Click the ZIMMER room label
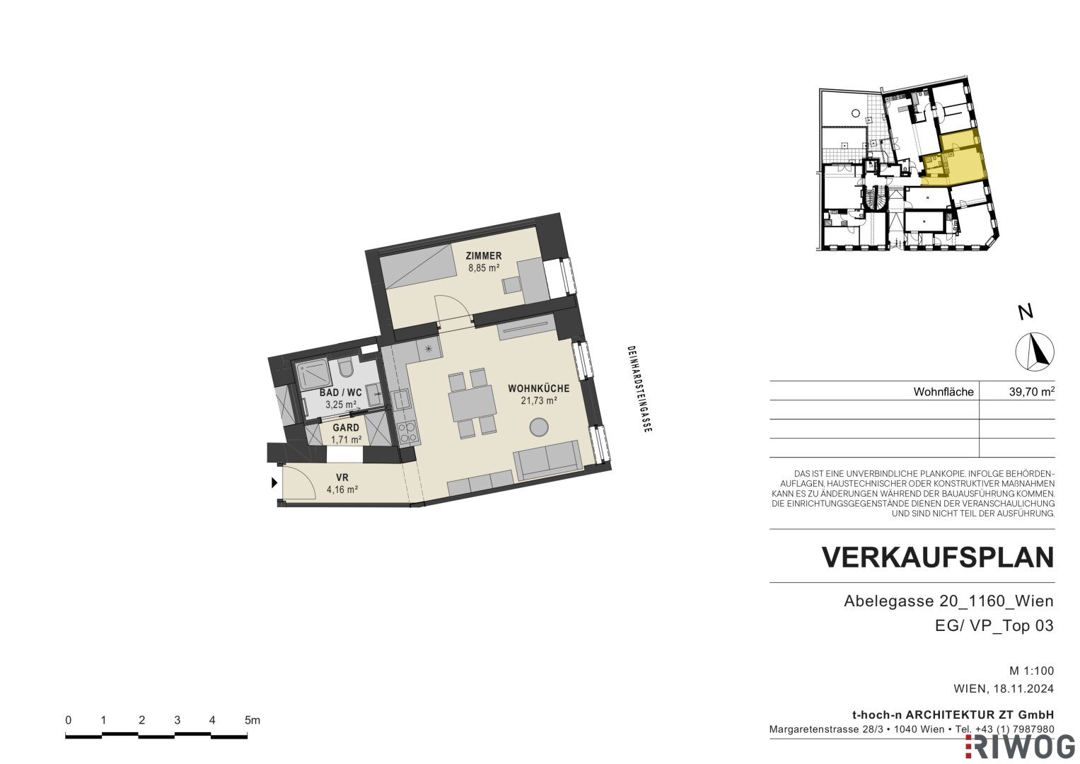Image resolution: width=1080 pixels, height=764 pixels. click(484, 255)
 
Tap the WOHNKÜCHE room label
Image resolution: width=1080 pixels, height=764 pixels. click(538, 388)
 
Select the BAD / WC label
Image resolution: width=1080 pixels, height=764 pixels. click(340, 393)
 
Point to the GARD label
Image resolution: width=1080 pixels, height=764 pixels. click(346, 427)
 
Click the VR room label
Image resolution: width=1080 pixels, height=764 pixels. click(342, 477)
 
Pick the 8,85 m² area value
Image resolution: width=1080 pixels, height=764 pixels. click(484, 267)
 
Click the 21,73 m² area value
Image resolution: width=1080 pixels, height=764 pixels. click(539, 400)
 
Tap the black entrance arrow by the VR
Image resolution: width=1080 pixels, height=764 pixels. click(274, 482)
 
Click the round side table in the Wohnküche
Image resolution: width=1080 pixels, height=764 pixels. click(538, 427)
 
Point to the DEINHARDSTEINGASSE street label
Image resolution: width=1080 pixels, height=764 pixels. click(639, 389)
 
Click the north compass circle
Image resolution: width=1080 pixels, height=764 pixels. click(1035, 352)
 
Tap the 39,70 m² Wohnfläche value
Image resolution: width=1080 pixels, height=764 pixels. click(1032, 391)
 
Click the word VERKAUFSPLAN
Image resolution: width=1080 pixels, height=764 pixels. click(938, 558)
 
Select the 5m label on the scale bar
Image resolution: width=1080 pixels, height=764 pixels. click(252, 720)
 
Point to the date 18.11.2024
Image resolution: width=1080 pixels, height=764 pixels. click(1024, 688)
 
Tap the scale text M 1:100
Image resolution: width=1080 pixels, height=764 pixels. click(1032, 671)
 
